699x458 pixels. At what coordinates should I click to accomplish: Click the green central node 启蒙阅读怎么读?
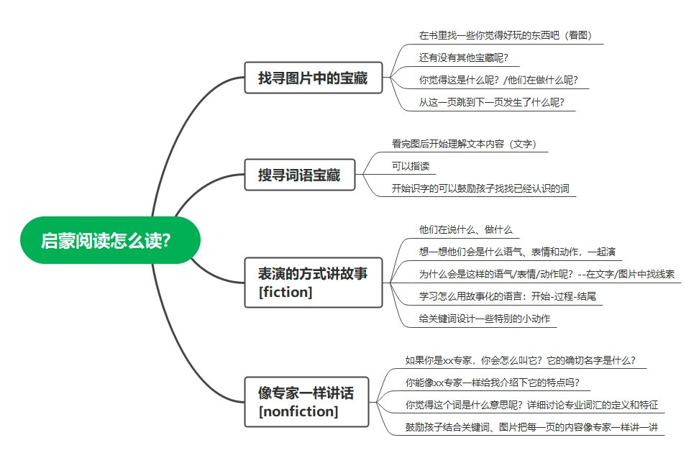click(x=110, y=240)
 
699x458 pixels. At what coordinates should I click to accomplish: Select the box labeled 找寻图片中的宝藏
click(x=314, y=78)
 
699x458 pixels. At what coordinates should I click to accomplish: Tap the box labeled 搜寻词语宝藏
click(x=300, y=175)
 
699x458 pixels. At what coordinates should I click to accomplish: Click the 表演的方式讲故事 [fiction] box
click(x=314, y=283)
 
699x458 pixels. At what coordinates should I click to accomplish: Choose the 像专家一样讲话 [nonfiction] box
click(x=306, y=402)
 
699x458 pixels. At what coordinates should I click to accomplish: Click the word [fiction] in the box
click(x=285, y=292)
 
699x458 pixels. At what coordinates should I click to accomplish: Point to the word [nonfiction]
click(x=298, y=411)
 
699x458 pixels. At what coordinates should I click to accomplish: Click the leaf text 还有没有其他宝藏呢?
click(x=464, y=58)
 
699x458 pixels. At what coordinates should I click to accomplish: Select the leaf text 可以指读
click(x=411, y=166)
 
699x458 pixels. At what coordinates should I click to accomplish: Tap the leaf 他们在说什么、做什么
click(x=466, y=230)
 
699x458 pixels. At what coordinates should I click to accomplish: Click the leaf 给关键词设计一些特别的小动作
click(x=485, y=319)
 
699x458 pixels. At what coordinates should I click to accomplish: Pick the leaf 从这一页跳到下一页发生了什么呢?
click(x=492, y=103)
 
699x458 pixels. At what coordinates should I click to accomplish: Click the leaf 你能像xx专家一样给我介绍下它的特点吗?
click(x=493, y=383)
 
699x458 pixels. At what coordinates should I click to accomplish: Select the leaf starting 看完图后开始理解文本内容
click(x=464, y=144)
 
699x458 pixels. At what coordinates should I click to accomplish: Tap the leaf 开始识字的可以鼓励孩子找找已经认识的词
click(x=480, y=188)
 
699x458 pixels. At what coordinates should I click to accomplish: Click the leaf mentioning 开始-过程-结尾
click(x=508, y=297)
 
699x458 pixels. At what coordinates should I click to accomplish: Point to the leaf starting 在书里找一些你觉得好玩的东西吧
click(x=506, y=36)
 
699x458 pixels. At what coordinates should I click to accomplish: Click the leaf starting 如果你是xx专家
click(x=521, y=360)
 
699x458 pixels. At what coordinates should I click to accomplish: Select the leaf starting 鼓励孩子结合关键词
click(x=532, y=427)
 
